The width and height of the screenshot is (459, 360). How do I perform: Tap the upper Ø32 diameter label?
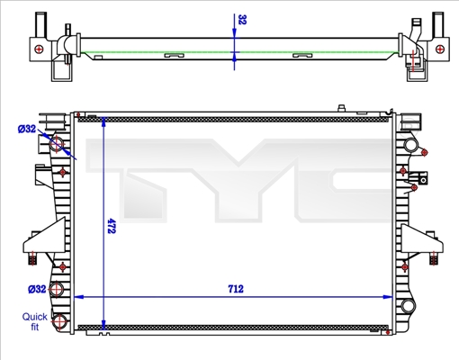[27, 130]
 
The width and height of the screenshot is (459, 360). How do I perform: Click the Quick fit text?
[36, 321]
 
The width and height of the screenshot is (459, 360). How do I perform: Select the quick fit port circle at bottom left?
[59, 322]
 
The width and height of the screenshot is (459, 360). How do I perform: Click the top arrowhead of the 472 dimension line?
[106, 121]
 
